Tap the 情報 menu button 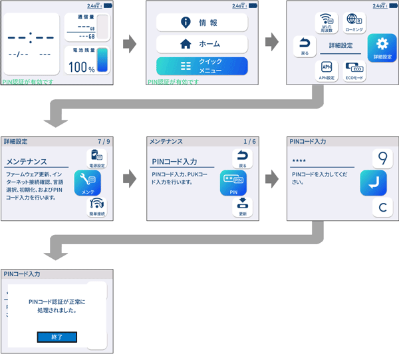(x=201, y=22)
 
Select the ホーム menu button (x=201, y=44)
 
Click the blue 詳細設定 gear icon (x=382, y=47)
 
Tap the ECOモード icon (x=354, y=70)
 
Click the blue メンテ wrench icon (x=87, y=182)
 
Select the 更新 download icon (x=243, y=207)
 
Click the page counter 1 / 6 (x=249, y=142)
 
